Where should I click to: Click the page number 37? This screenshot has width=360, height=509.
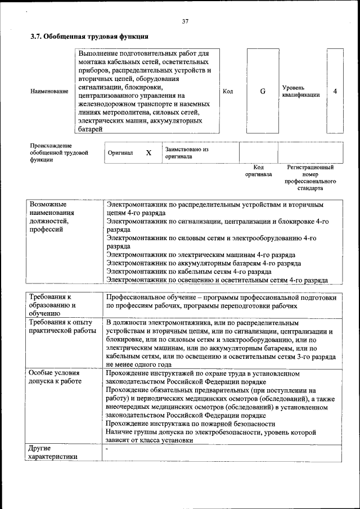pos(185,21)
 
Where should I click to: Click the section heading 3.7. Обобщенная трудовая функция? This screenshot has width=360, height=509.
pos(89,37)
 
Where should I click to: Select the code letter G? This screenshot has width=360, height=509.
pos(263,91)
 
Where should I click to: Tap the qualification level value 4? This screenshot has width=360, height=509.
pos(335,91)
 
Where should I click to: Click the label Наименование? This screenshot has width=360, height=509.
pos(49,91)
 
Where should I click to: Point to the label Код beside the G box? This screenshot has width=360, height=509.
pos(228,91)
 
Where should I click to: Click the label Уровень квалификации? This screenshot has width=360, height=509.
pos(300,91)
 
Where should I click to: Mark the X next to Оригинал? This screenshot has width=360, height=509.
pos(148,153)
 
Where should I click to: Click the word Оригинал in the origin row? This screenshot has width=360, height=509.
pos(120,153)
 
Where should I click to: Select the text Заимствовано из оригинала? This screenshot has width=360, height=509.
pos(186,153)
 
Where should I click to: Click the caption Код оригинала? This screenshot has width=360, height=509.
pos(258,170)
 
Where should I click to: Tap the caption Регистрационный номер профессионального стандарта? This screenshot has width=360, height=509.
pos(310,178)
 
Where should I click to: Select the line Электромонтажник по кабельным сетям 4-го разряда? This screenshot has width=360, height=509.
pos(189,271)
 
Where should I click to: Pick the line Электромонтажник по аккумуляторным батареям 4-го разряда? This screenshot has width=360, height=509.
pos(204,263)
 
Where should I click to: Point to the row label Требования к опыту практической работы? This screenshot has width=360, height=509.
pos(62,327)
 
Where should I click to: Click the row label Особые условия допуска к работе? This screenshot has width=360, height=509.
pos(55,377)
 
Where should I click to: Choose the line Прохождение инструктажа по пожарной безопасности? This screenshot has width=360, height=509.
pos(191,424)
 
